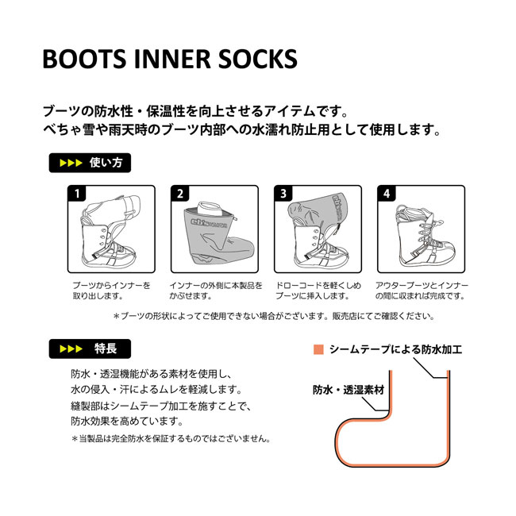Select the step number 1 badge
(x=77, y=193)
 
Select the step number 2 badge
(x=180, y=193)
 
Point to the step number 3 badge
(x=282, y=193)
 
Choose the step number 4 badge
(x=386, y=193)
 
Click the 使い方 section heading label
(x=89, y=164)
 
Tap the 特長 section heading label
(x=89, y=348)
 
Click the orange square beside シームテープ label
(x=319, y=349)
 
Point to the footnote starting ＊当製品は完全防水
(x=171, y=438)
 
